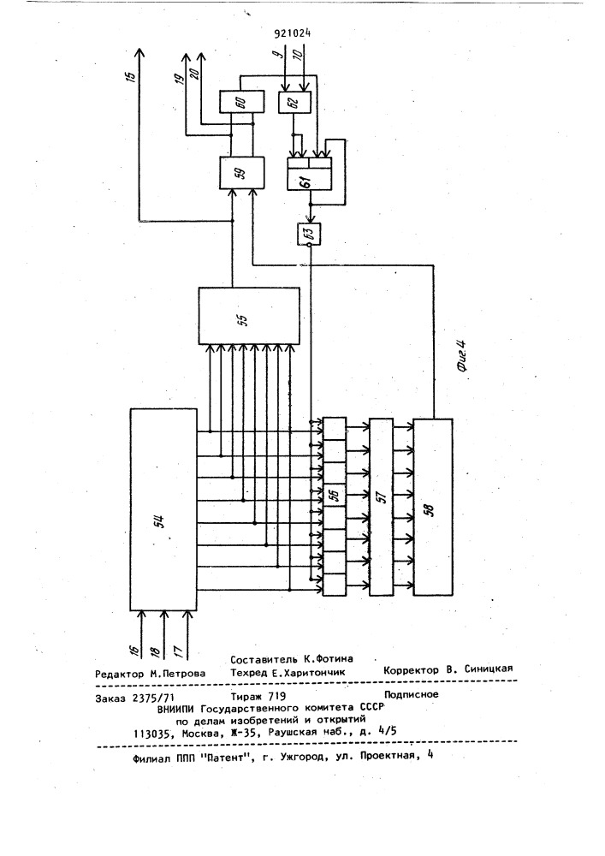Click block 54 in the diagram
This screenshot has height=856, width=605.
(x=163, y=508)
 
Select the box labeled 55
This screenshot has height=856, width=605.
(x=249, y=316)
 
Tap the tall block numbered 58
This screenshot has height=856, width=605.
(x=433, y=507)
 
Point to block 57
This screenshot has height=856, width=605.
(x=382, y=507)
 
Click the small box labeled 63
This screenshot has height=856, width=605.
(x=309, y=235)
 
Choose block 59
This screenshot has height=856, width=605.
(x=241, y=173)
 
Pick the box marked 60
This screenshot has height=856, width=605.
(x=241, y=102)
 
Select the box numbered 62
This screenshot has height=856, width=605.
(x=294, y=102)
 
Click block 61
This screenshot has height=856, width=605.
(x=309, y=174)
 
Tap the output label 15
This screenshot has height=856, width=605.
(x=130, y=77)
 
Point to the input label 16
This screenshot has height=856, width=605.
(x=133, y=650)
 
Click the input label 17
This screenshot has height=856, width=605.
(x=177, y=650)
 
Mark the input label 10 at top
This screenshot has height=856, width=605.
(x=297, y=54)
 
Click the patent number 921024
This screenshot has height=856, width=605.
(x=293, y=33)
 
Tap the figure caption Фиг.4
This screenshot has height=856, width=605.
(x=461, y=356)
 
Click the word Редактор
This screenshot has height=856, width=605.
(x=120, y=674)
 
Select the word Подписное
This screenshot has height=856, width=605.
(x=412, y=694)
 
